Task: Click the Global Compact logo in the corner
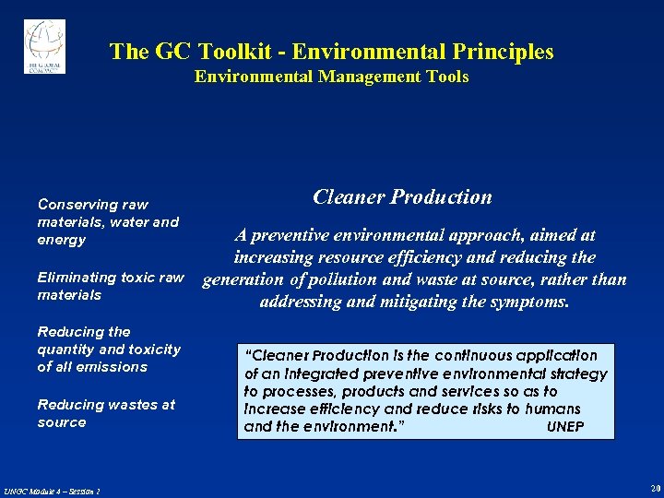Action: click(44, 46)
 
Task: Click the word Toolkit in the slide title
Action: click(227, 52)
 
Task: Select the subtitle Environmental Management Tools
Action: click(331, 77)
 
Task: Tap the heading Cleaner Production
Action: click(402, 196)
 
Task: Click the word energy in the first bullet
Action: click(61, 240)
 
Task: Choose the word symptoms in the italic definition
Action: click(525, 302)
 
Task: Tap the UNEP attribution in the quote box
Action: click(564, 427)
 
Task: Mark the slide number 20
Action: click(655, 488)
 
